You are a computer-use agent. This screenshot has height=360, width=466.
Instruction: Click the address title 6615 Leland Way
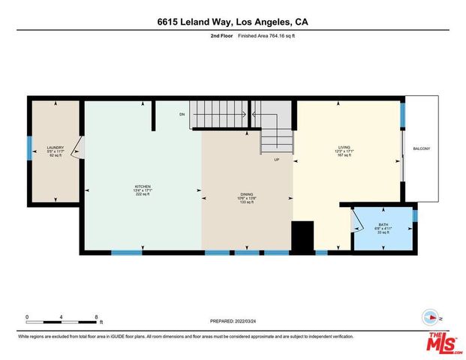point(232,22)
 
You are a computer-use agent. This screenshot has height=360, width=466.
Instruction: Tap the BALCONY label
point(421,148)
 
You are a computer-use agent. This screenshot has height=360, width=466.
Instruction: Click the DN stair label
point(182,115)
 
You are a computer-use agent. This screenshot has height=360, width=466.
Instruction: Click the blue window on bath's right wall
point(414,216)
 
